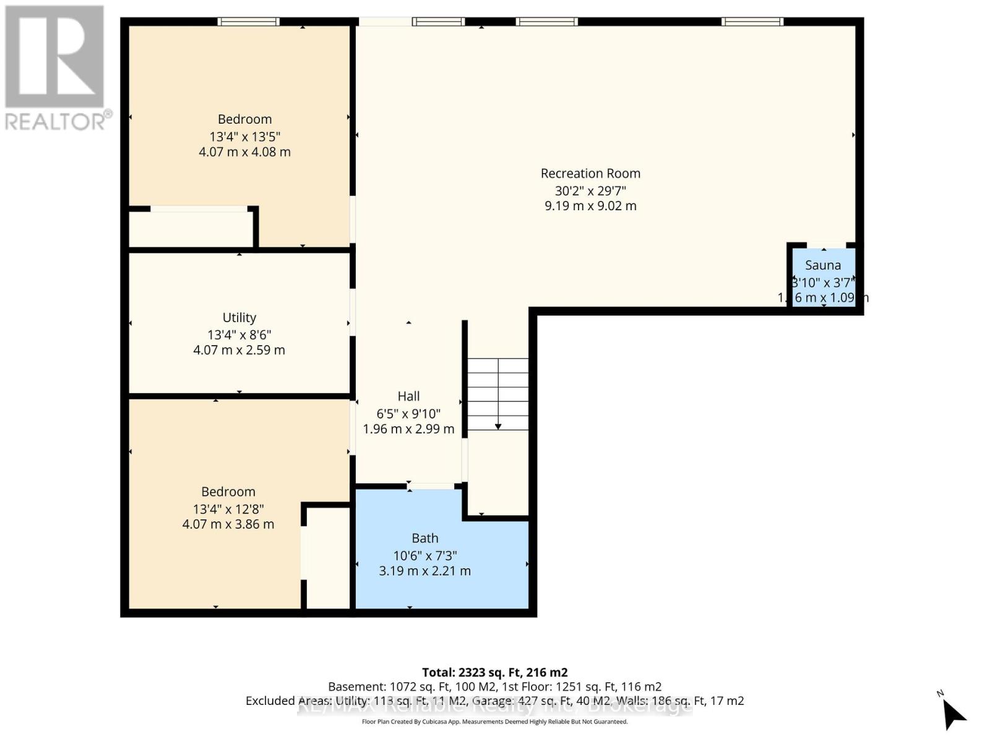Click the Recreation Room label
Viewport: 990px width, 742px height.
pyautogui.click(x=590, y=174)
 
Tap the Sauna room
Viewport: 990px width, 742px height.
pyautogui.click(x=824, y=278)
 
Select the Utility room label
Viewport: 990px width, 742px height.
pyautogui.click(x=239, y=318)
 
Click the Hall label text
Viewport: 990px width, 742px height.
pyautogui.click(x=408, y=396)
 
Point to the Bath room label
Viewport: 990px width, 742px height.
pyautogui.click(x=425, y=539)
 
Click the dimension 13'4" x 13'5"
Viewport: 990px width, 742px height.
pyautogui.click(x=244, y=137)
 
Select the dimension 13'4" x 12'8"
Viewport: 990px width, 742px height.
pyautogui.click(x=228, y=509)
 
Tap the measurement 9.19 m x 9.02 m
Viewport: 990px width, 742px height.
pyautogui.click(x=590, y=206)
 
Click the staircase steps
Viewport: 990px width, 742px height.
pyautogui.click(x=497, y=394)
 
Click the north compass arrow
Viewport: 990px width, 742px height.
pyautogui.click(x=953, y=715)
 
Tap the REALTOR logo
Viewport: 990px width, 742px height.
pyautogui.click(x=56, y=68)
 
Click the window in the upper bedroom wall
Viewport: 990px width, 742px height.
pyautogui.click(x=248, y=22)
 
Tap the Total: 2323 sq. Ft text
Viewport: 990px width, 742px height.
pyautogui.click(x=494, y=672)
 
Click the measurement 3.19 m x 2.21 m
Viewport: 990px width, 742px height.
pyautogui.click(x=425, y=571)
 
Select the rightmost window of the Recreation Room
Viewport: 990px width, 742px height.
pyautogui.click(x=752, y=22)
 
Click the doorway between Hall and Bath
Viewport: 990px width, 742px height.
pyautogui.click(x=433, y=487)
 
